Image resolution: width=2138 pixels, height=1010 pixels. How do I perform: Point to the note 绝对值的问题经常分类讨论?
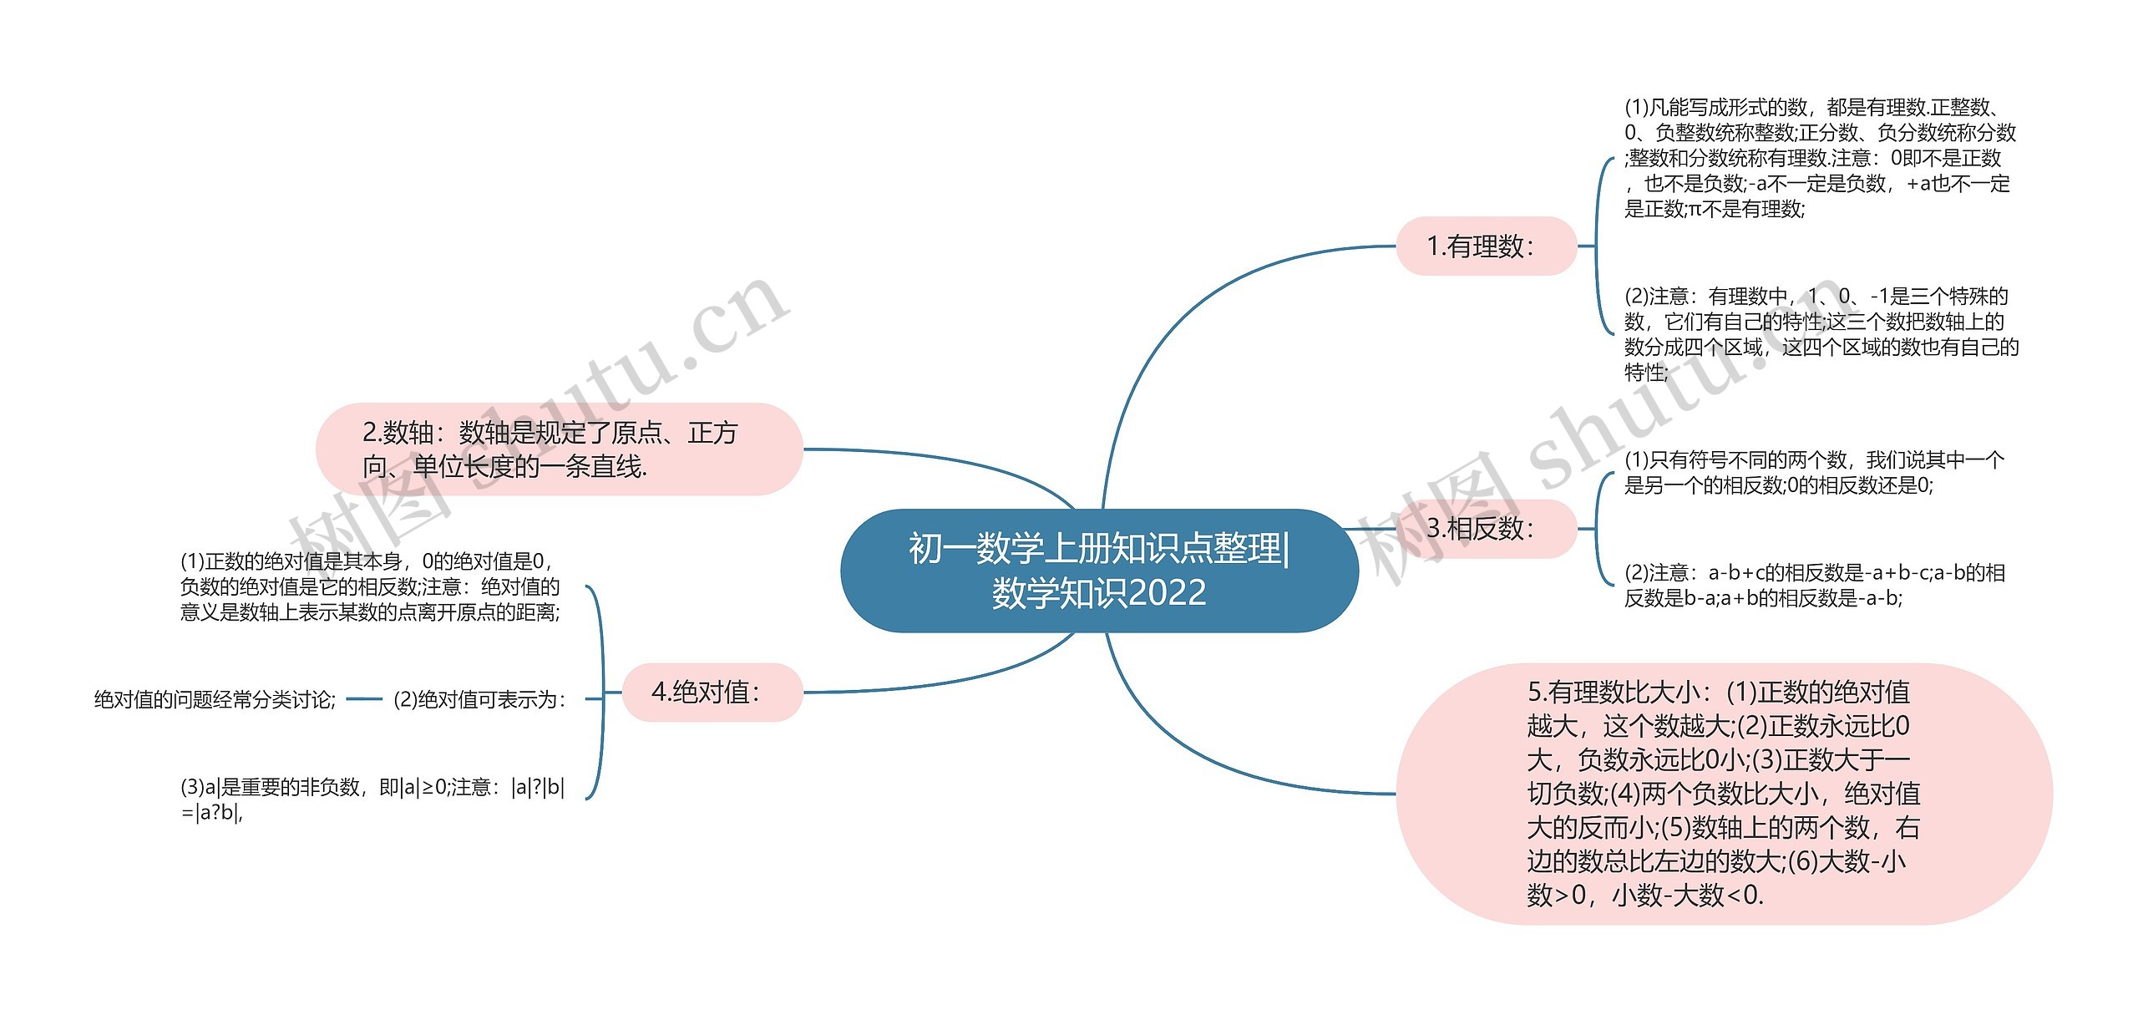[215, 699]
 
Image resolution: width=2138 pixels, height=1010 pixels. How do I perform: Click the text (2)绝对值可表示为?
[479, 699]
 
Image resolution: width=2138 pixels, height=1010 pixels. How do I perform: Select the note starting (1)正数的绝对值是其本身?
[370, 586]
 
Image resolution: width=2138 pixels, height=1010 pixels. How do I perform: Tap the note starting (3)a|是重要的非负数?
[372, 799]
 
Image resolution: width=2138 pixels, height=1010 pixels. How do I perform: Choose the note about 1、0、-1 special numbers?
[1821, 334]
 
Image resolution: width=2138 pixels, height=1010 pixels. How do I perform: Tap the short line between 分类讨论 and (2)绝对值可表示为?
[363, 699]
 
